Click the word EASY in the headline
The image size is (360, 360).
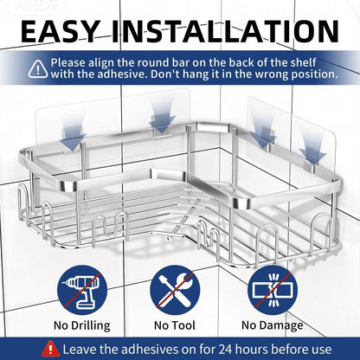click(x=60, y=31)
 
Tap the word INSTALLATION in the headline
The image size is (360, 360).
click(x=225, y=31)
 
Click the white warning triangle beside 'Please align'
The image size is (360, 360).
click(x=38, y=69)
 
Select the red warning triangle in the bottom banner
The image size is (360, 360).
click(x=51, y=349)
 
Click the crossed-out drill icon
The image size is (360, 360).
click(x=82, y=290)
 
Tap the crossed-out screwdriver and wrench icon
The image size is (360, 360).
click(x=175, y=290)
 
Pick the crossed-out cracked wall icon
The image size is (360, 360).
click(x=273, y=290)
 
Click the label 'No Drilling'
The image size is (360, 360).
click(x=82, y=325)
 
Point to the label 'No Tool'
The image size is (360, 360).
click(x=175, y=325)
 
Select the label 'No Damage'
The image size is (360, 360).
click(x=273, y=325)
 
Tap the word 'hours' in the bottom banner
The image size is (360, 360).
click(x=254, y=350)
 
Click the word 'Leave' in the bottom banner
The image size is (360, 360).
click(x=80, y=350)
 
